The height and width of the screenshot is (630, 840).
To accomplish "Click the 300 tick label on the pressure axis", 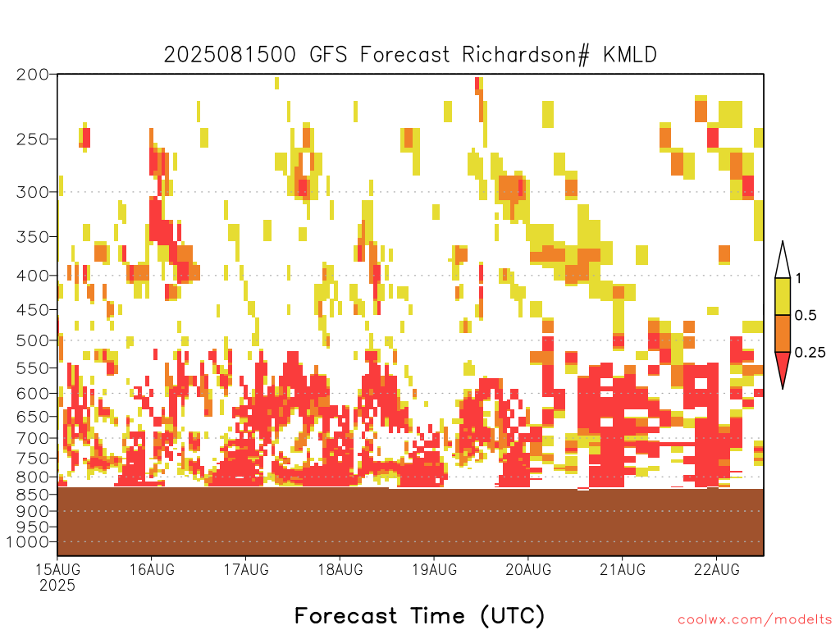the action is [32, 192].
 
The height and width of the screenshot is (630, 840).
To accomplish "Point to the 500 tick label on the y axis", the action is [32, 340].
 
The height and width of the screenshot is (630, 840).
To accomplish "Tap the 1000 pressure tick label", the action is [29, 542].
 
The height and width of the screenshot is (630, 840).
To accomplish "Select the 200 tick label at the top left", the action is [32, 75].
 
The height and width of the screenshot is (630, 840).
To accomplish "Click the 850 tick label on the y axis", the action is [32, 495].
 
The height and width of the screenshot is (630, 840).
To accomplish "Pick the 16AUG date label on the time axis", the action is [152, 569].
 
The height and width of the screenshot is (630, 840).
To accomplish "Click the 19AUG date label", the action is [435, 569].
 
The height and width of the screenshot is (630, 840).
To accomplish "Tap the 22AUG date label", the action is [717, 569].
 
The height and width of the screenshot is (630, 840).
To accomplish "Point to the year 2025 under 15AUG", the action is [57, 585].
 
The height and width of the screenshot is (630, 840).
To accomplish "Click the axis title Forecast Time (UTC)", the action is [419, 615].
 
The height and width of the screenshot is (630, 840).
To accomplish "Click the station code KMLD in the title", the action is [629, 55].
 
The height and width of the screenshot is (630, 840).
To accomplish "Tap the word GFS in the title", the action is [328, 55].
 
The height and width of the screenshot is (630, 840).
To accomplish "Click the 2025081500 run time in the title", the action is [230, 55].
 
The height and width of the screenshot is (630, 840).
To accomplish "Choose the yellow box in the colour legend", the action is [783, 296].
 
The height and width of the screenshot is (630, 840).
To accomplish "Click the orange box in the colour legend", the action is [783, 333].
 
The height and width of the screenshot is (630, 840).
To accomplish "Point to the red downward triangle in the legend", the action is [783, 367].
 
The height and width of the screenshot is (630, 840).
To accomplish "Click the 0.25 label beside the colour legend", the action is [810, 353].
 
